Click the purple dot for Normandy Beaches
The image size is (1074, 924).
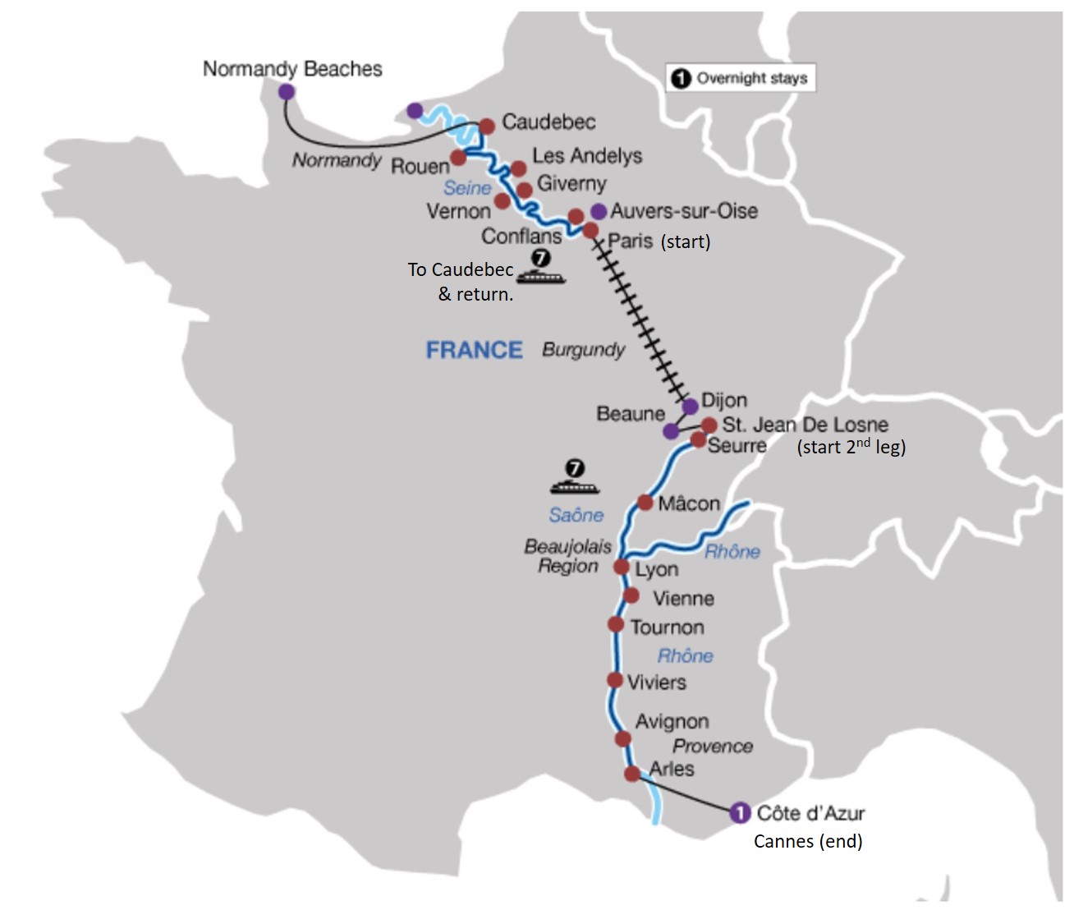coord(287,92)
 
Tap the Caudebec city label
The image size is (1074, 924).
coord(548,122)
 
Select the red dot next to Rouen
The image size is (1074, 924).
coord(458,157)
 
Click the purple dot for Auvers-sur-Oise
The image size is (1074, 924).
coord(599,212)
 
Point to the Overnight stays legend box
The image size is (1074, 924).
coord(741,78)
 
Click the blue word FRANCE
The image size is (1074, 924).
coord(474,350)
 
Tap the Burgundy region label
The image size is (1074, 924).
coord(583,350)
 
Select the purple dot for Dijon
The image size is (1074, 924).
coord(690,407)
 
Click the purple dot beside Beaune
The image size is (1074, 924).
coord(672,431)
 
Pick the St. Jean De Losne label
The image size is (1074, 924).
coord(805,425)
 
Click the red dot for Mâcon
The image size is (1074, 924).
coord(645,503)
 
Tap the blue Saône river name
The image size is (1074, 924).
coord(576,515)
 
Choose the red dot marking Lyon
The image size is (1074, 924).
coord(622,567)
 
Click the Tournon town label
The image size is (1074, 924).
coord(668,627)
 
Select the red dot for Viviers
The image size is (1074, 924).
coord(615,679)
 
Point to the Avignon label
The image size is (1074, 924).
coord(672,722)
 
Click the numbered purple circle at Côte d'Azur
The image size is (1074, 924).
coord(740,813)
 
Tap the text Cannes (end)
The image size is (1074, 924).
coord(808,841)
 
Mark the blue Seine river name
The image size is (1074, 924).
coord(467,187)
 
